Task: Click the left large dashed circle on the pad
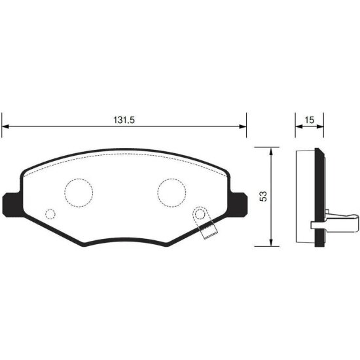pos(79,191)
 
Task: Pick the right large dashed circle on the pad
pos(172,191)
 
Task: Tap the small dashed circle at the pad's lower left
pos(50,214)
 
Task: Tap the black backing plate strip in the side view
pos(320,196)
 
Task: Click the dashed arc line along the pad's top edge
pos(124,157)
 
